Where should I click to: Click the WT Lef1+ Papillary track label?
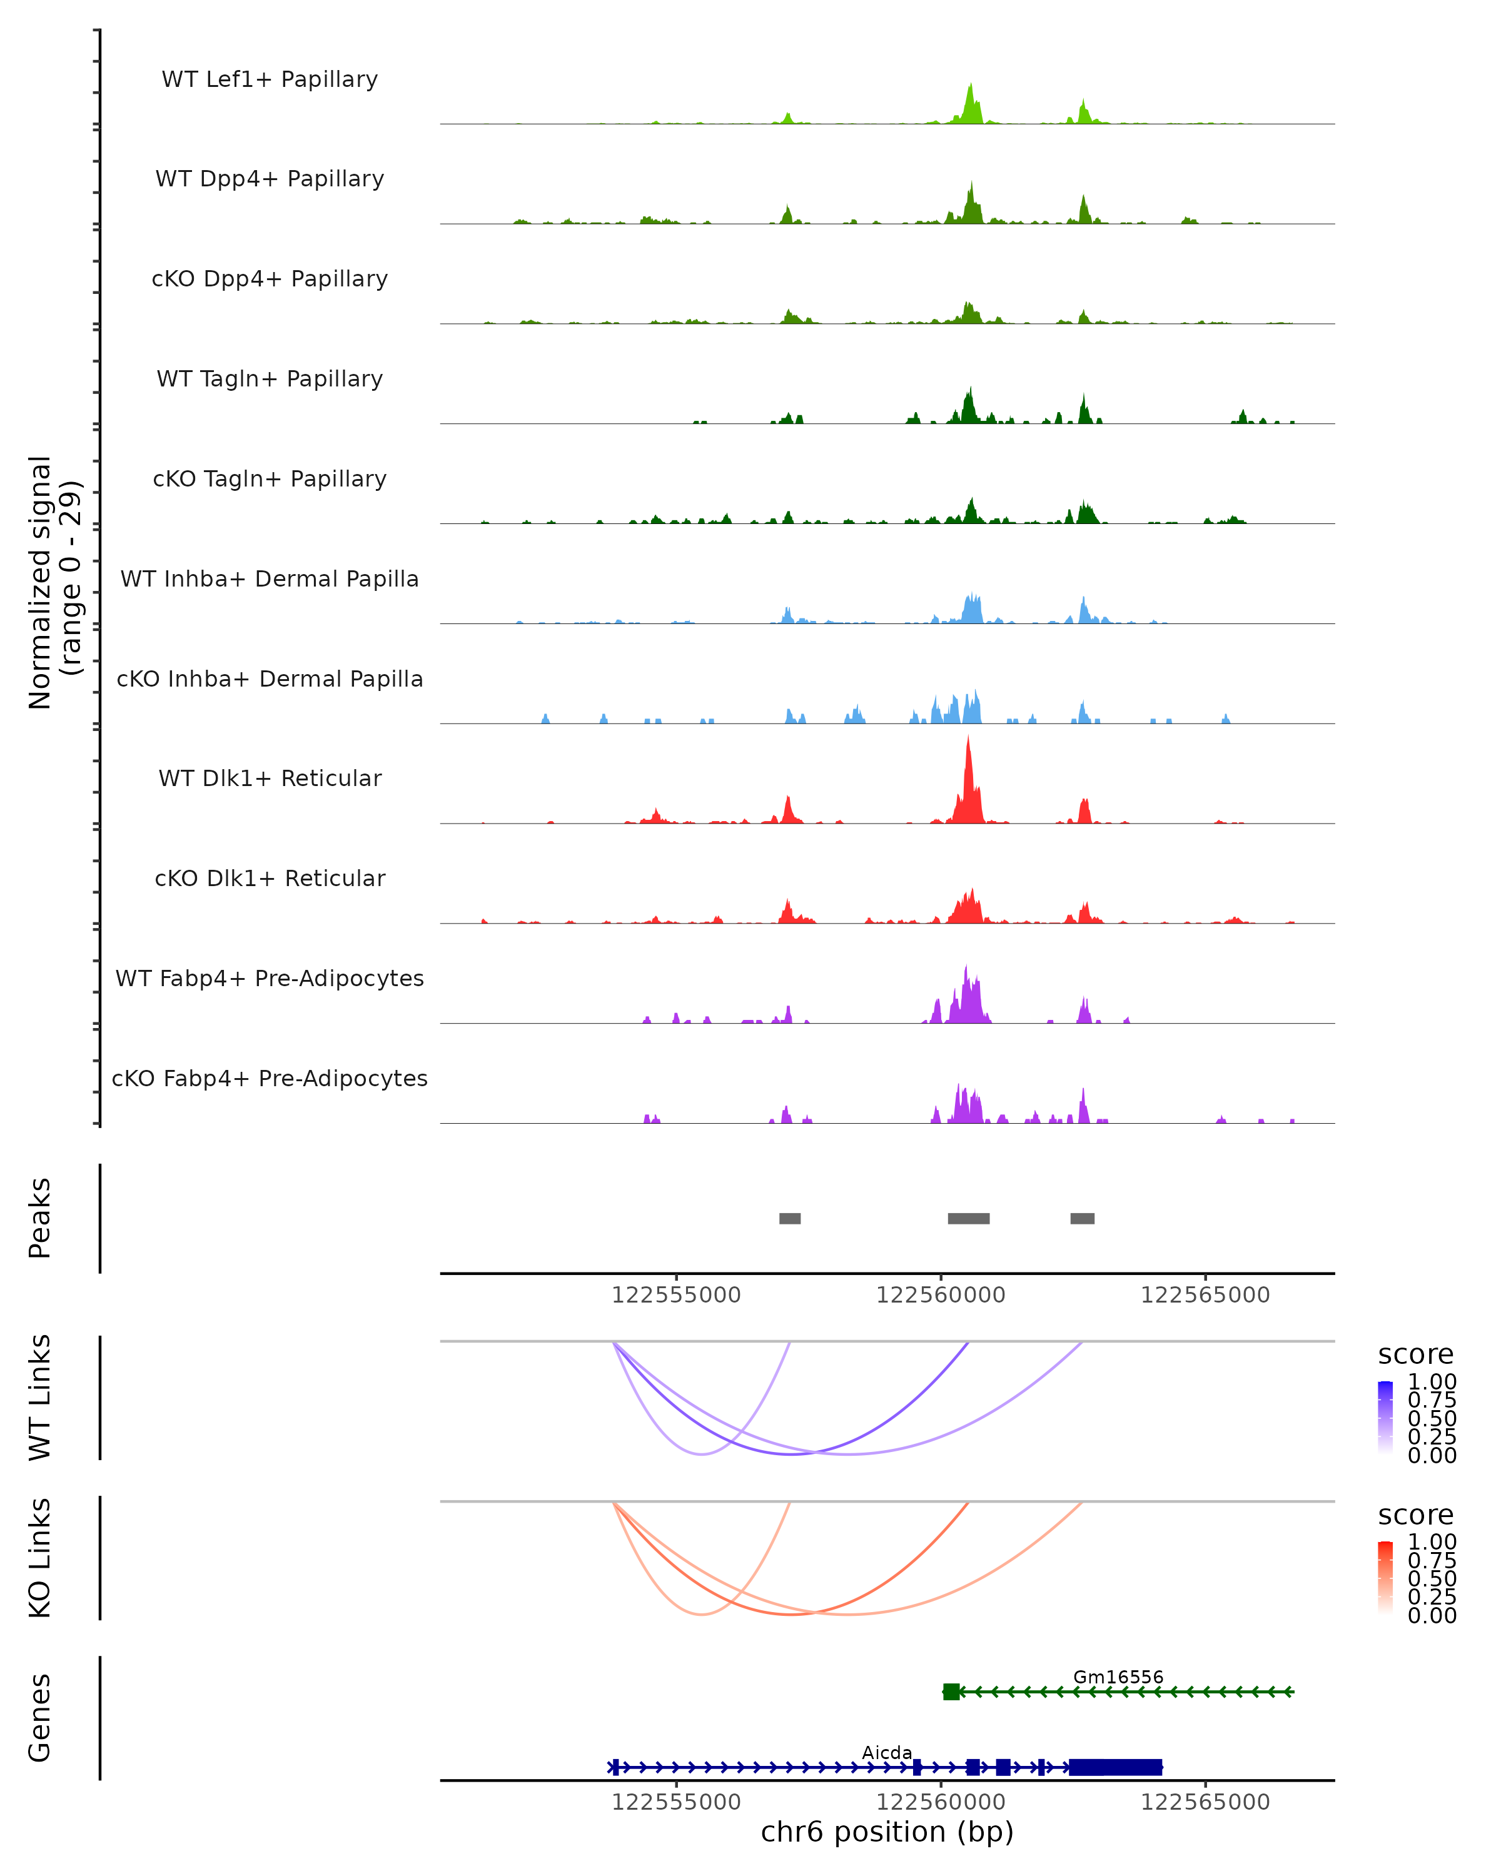270,79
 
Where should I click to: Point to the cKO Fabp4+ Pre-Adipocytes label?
270,1078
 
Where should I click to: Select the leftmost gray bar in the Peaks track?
789,1218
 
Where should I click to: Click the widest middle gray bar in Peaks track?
969,1218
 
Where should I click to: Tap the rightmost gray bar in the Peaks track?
1083,1218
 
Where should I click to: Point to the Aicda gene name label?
887,1752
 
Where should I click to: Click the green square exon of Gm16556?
951,1692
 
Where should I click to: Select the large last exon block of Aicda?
1116,1767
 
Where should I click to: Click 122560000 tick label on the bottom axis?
941,1802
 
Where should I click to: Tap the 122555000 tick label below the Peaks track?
676,1295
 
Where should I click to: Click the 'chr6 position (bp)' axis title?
887,1832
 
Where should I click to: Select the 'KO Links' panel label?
40,1558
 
